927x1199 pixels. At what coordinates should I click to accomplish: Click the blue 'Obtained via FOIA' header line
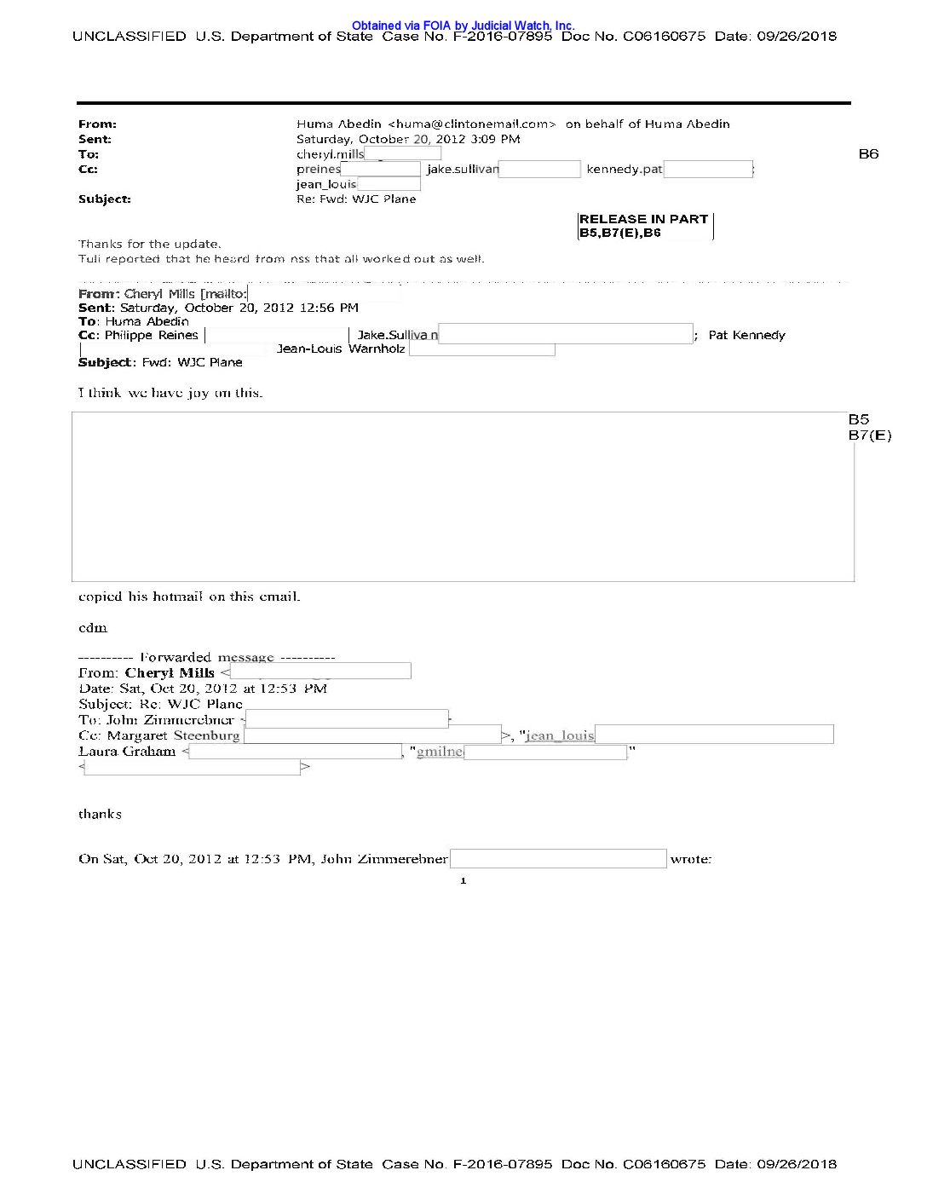coord(463,26)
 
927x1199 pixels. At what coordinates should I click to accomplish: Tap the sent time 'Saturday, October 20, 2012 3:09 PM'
coord(408,139)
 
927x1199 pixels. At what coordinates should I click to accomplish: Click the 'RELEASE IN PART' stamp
coord(643,219)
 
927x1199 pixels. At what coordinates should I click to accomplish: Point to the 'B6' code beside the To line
coord(868,154)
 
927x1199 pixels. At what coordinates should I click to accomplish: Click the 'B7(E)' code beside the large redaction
coord(869,435)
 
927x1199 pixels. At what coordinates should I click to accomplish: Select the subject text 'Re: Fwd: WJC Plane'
coord(356,199)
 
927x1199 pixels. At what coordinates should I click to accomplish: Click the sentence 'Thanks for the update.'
coord(150,244)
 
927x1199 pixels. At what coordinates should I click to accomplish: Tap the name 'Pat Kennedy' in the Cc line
coord(746,336)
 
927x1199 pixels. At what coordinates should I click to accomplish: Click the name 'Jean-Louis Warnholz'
coord(341,349)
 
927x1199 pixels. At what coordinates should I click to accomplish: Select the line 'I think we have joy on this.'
coord(170,393)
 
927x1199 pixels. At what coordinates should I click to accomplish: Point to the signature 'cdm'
coord(93,628)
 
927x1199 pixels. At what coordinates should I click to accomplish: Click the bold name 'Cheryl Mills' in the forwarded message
coord(170,672)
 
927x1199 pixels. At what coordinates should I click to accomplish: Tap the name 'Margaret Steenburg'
coord(173,735)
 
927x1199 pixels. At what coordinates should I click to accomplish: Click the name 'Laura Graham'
coord(127,752)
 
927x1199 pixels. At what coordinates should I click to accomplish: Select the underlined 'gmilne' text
coord(440,752)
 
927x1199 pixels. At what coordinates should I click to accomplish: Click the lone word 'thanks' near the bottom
coord(100,815)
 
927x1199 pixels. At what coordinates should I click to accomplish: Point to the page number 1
coord(463,881)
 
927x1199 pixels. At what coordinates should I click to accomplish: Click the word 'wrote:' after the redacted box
coord(690,859)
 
